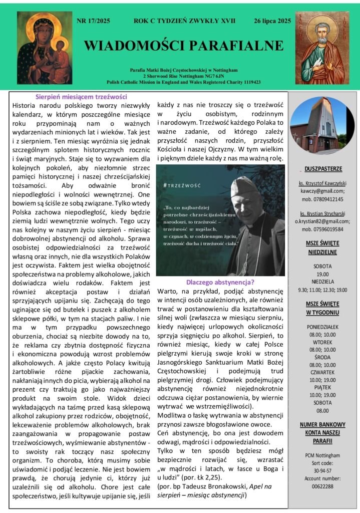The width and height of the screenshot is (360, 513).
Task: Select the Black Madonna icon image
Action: click(45, 48)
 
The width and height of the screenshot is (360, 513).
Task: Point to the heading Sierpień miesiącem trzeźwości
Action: click(81, 97)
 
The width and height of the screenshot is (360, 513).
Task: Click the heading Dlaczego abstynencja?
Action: click(220, 282)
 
